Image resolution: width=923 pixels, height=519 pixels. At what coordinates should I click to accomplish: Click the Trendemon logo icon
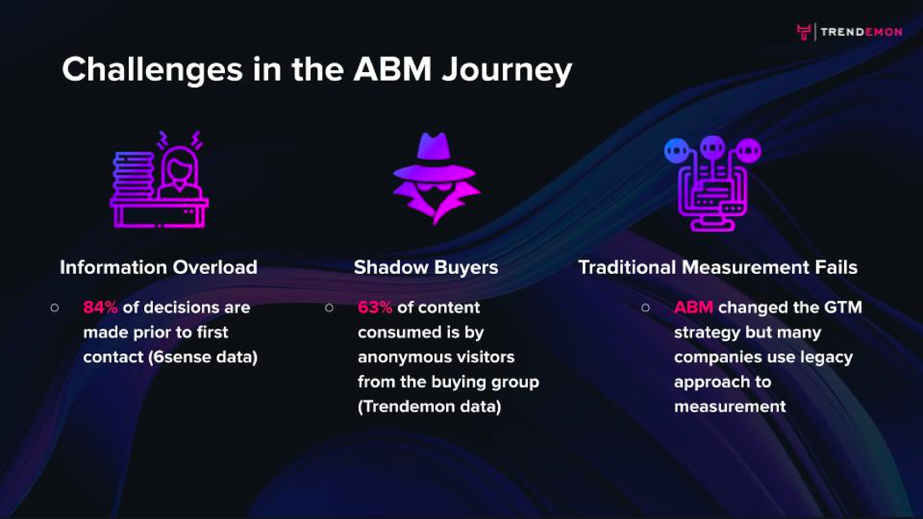[804, 32]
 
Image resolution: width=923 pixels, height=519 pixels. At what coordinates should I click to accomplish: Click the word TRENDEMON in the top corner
[861, 32]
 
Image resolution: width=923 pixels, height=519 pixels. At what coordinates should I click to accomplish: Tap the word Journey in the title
[507, 70]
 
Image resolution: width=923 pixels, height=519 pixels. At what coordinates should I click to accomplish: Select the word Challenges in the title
[152, 70]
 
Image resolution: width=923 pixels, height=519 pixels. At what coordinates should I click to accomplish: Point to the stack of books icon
[133, 175]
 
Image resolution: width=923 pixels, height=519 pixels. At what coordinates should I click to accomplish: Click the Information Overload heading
[159, 268]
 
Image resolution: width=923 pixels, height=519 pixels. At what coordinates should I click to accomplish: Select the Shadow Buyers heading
[426, 268]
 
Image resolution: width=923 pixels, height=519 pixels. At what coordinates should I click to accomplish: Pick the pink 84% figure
[100, 307]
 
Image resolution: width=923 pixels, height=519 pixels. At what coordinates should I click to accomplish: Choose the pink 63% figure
[375, 307]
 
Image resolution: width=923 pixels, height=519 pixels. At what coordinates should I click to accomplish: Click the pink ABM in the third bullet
[693, 307]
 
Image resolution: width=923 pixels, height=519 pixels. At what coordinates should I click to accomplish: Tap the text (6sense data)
[203, 357]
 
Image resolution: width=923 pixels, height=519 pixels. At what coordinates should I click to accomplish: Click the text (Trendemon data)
[429, 407]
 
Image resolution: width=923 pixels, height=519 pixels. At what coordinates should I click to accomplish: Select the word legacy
[827, 358]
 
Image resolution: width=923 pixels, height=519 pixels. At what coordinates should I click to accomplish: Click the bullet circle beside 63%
[329, 308]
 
